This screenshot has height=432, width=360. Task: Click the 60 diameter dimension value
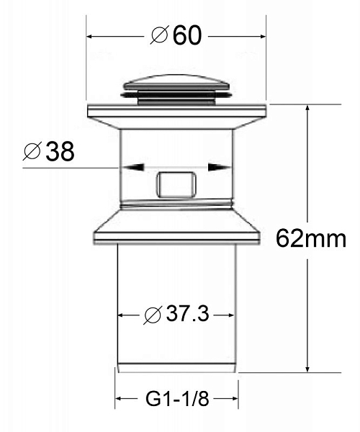pos(187,35)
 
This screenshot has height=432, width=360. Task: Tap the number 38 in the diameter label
pos(60,151)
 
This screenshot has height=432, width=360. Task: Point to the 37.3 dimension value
pos(188,314)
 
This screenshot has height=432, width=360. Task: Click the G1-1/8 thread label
pos(177,398)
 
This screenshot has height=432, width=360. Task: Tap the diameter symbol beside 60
pos(160,35)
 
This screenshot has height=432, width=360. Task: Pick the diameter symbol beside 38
pos(32,151)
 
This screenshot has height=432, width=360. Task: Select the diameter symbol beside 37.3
pos(153,315)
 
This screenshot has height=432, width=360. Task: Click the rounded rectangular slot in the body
pos(176,184)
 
